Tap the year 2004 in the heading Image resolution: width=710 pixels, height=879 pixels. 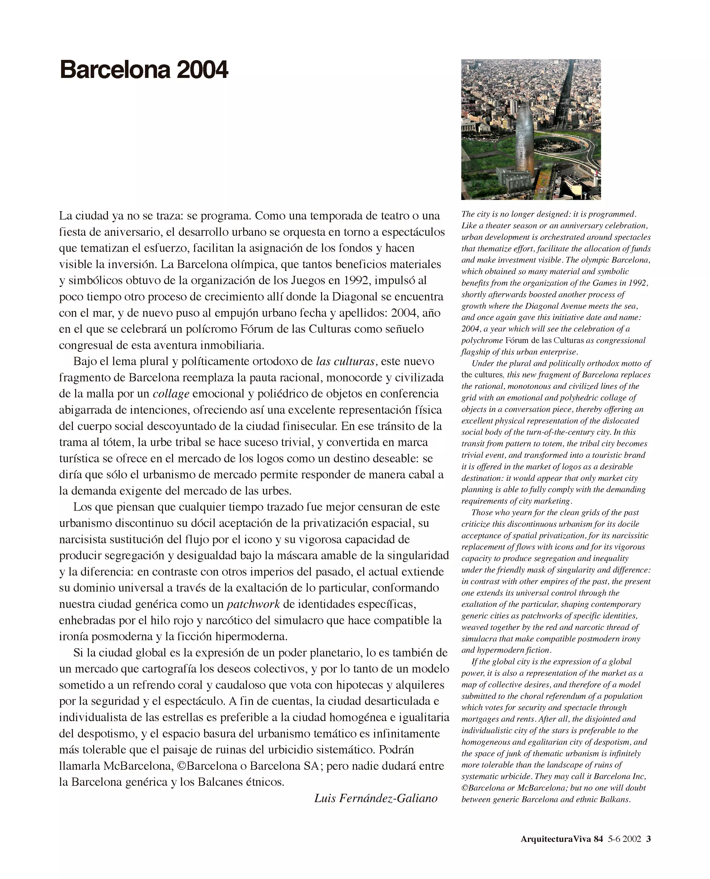tap(202, 70)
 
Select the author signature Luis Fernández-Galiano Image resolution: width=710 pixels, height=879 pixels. tap(375, 798)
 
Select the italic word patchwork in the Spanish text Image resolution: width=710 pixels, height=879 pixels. tap(253, 604)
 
